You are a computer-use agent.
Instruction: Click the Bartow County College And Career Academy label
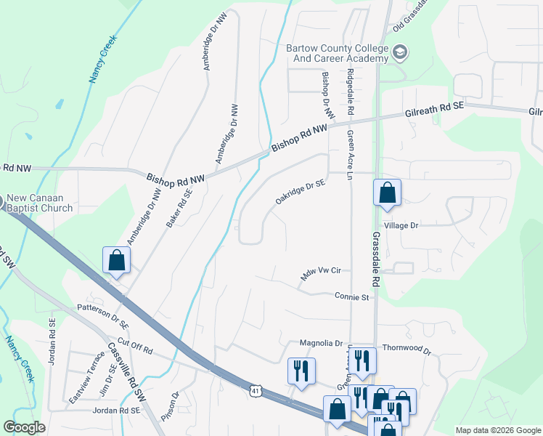point(338,52)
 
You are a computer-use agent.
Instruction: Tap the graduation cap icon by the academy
point(401,52)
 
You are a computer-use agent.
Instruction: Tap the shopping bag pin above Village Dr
point(387,194)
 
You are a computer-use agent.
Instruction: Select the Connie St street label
point(352,296)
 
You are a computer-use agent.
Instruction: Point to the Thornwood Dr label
point(407,350)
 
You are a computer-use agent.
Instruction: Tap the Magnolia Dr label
point(320,343)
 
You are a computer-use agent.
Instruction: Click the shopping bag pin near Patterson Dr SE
point(116,260)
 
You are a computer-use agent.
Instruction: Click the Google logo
point(25,427)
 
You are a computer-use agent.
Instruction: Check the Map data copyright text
point(497,430)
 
